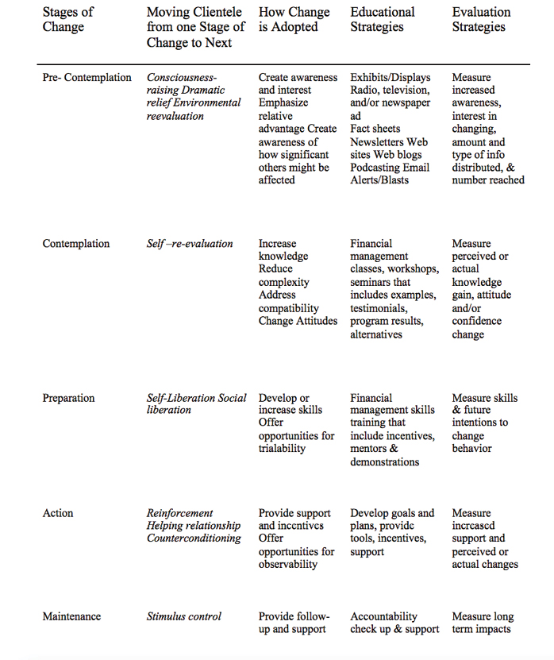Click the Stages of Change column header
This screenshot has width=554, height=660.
pyautogui.click(x=68, y=19)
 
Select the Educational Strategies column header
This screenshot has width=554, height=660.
pyautogui.click(x=383, y=19)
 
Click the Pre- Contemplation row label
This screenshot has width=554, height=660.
pyautogui.click(x=87, y=78)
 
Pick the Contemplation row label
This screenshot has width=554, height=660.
pyautogui.click(x=76, y=244)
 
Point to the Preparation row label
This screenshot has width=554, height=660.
pyautogui.click(x=68, y=398)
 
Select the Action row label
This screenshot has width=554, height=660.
pyautogui.click(x=59, y=513)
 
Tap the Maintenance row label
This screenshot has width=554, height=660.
pyautogui.click(x=73, y=616)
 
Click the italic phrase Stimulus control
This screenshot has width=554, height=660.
pyautogui.click(x=184, y=616)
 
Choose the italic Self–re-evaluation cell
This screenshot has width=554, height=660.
pyautogui.click(x=190, y=244)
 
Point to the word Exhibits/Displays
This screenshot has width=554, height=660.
pyautogui.click(x=390, y=78)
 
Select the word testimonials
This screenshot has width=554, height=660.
pyautogui.click(x=378, y=308)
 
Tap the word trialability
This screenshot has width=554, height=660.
pyautogui.click(x=282, y=449)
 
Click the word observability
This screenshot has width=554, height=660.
pyautogui.click(x=288, y=565)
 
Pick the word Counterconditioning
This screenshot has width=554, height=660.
pyautogui.click(x=194, y=538)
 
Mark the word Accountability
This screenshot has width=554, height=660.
pyautogui.click(x=383, y=616)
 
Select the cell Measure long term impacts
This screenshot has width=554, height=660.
pyautogui.click(x=483, y=623)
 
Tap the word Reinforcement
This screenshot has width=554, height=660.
pyautogui.click(x=180, y=513)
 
